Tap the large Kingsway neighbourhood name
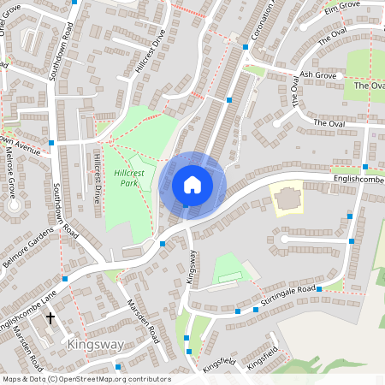click(95, 345)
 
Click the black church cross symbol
click(50, 318)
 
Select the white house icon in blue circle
click(192, 185)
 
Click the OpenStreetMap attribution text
click(86, 379)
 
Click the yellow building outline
click(287, 198)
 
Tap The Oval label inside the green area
click(370, 86)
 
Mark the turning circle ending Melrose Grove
click(12, 206)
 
